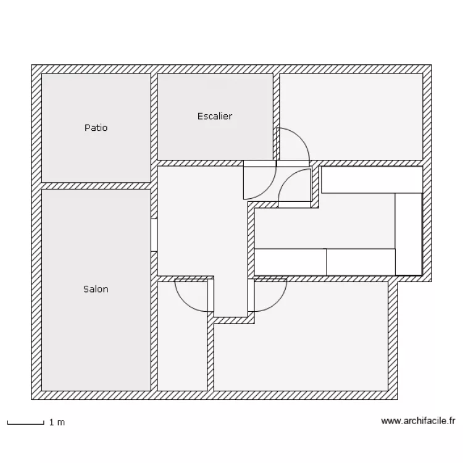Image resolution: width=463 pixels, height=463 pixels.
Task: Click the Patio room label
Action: pos(96,128)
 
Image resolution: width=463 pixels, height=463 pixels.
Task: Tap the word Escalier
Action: pos(215,116)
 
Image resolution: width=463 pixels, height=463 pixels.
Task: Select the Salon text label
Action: pos(96,289)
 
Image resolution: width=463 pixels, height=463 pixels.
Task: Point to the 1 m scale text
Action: pos(56,423)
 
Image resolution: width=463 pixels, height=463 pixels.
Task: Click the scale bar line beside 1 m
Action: pos(25,423)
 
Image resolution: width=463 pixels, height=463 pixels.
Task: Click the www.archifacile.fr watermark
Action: pos(418,421)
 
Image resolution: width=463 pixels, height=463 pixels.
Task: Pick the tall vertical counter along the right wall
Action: pos(408,233)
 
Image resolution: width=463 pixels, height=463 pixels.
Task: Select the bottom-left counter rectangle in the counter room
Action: pos(290,262)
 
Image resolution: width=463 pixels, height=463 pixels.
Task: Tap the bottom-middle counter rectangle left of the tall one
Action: pos(361,262)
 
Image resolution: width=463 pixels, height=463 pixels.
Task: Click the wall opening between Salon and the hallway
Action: pos(154,235)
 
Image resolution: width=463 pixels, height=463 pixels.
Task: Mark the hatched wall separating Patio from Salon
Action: pos(96,186)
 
